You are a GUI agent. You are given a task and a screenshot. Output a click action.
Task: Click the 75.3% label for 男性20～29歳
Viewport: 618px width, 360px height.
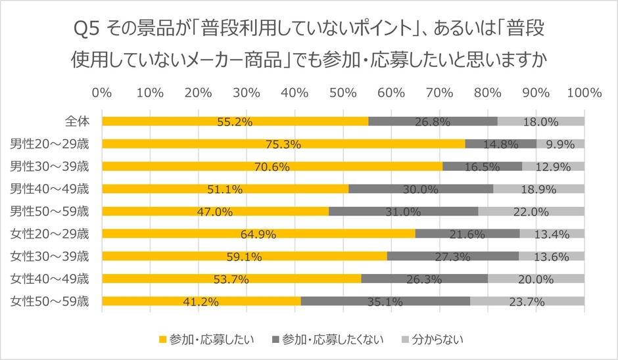click(283, 145)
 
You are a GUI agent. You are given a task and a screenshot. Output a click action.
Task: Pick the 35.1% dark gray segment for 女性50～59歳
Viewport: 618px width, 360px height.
click(385, 301)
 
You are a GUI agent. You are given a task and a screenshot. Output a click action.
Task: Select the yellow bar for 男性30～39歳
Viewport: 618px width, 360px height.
click(272, 166)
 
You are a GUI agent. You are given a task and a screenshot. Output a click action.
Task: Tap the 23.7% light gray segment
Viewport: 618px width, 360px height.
click(527, 301)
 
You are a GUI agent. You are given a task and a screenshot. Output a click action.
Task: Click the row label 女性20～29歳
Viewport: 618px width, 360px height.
click(49, 233)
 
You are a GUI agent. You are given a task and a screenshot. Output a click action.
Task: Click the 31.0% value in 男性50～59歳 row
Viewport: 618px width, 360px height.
click(403, 212)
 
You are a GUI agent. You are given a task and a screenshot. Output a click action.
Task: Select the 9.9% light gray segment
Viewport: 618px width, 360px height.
click(560, 144)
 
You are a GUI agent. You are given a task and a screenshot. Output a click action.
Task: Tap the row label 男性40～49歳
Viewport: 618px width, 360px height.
click(49, 189)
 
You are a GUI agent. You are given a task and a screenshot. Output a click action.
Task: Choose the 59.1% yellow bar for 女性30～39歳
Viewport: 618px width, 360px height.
click(245, 256)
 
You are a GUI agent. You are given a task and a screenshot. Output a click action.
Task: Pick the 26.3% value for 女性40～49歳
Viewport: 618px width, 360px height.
click(424, 279)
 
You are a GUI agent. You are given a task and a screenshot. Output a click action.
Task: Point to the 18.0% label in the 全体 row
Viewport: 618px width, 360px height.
click(540, 122)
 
